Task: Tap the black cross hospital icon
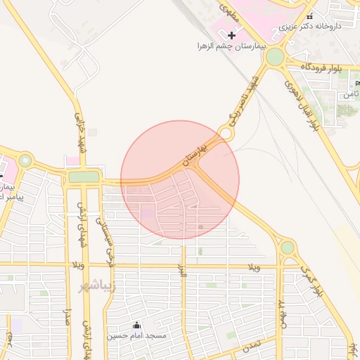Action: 232,34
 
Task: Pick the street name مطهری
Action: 228,10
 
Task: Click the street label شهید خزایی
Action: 79,129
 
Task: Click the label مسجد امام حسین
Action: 137,336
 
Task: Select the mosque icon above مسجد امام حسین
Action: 137,325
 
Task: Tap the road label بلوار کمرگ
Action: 310,280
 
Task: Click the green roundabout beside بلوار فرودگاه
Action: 275,56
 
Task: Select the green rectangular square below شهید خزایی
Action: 84,176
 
